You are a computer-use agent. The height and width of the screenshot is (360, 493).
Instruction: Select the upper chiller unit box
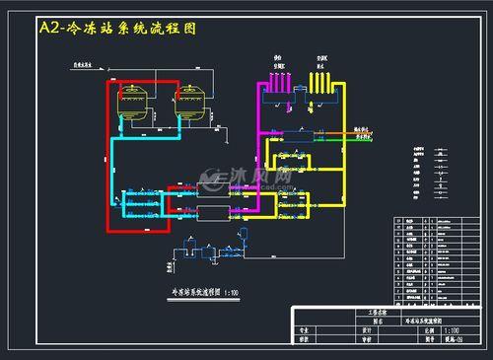tap(211, 188)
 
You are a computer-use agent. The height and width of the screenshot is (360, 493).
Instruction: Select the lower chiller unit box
tap(211, 211)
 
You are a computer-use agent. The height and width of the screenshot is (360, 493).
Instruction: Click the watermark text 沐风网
tap(266, 179)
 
